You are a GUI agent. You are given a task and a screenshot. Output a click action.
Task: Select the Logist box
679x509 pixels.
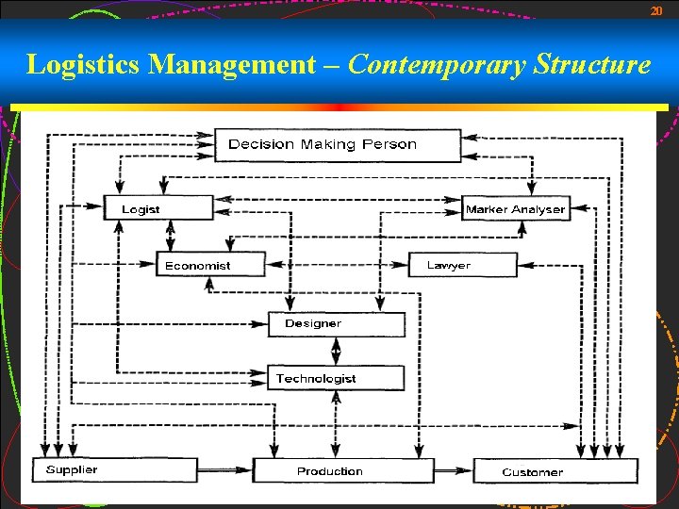[158, 208]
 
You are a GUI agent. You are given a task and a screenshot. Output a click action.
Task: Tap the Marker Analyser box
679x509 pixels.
[516, 208]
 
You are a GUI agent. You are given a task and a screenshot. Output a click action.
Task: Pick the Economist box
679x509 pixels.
[210, 265]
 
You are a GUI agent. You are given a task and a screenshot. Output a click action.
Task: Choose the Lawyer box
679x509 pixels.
[463, 265]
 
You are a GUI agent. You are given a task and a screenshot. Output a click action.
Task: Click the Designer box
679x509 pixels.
[336, 323]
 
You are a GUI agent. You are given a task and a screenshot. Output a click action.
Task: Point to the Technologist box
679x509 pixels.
[336, 378]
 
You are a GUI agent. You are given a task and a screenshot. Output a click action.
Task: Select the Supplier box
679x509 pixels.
[115, 469]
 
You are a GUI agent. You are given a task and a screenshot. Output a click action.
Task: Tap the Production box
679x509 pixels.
[342, 470]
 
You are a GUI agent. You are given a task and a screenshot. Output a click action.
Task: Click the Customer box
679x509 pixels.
[555, 470]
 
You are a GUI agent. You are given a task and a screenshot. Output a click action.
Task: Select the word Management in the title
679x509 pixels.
[232, 65]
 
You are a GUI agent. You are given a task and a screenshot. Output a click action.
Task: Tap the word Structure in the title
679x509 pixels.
[592, 65]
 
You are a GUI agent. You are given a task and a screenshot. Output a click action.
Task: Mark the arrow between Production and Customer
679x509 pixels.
[453, 468]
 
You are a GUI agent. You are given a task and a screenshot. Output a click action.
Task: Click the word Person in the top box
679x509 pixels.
[388, 144]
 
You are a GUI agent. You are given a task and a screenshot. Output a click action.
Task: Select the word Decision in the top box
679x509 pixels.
[262, 144]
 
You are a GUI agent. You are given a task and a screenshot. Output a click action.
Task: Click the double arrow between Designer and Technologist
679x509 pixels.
[336, 351]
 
